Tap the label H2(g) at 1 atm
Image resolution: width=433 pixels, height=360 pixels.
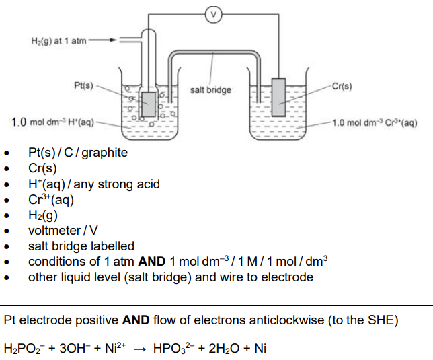(x=59, y=41)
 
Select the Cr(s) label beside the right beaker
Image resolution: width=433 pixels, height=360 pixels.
(x=341, y=86)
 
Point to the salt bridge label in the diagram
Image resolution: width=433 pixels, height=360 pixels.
(x=210, y=90)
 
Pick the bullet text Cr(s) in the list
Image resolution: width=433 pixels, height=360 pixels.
(x=42, y=168)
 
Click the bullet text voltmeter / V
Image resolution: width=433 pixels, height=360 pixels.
(x=63, y=231)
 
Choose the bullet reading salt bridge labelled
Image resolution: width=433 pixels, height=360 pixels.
(x=81, y=246)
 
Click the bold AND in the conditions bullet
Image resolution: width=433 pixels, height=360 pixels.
(x=153, y=262)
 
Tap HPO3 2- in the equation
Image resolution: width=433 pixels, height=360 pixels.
(x=172, y=349)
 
